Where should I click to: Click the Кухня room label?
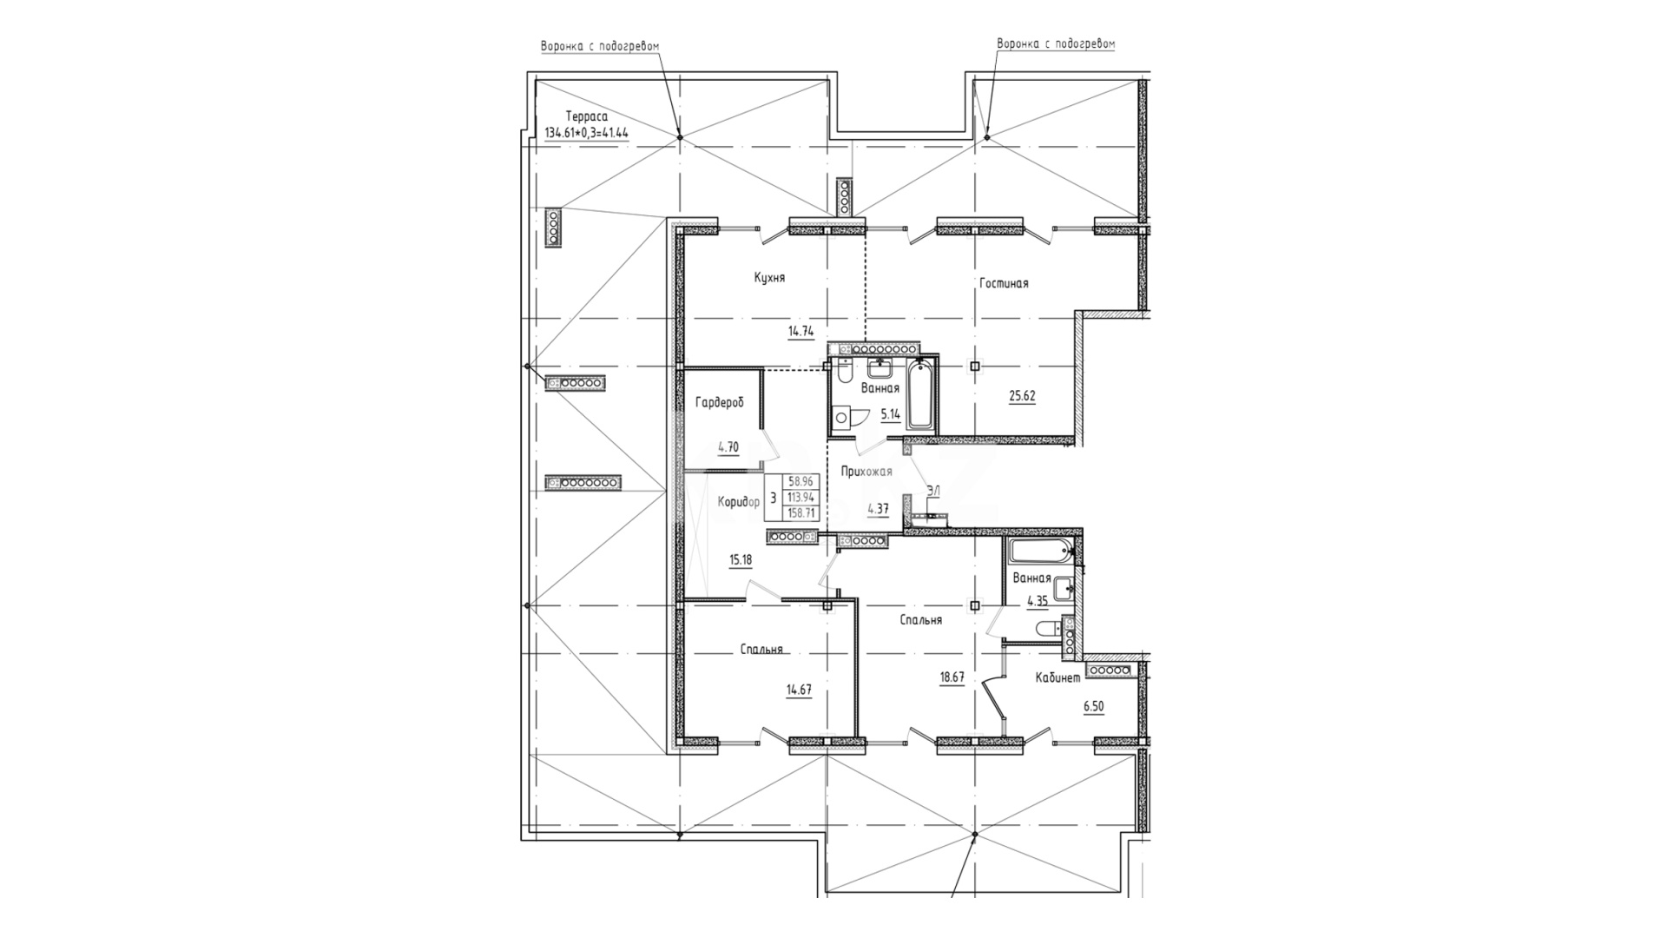pos(770,278)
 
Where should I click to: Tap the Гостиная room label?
pos(1004,283)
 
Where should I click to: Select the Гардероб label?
pos(720,403)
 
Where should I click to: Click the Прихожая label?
pos(866,472)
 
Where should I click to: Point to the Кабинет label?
pos(1058,677)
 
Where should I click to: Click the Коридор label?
pos(739,502)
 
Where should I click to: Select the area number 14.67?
pos(799,690)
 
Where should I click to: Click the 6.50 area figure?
pos(1093,707)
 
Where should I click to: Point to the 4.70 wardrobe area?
pos(728,448)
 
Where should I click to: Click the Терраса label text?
pos(587,116)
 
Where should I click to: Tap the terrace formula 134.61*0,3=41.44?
pos(587,133)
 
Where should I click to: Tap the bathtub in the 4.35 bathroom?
pos(1039,551)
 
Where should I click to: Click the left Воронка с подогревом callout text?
pos(600,46)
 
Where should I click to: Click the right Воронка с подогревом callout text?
pos(1056,43)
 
